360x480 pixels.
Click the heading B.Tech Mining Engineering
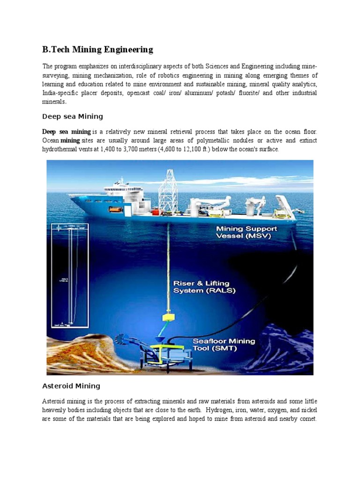pyautogui.click(x=97, y=49)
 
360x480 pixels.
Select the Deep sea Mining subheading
pyautogui.click(x=72, y=116)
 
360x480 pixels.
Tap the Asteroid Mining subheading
pyautogui.click(x=71, y=386)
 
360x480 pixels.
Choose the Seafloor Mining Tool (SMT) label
pyautogui.click(x=224, y=345)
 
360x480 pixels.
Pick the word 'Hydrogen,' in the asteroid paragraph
pyautogui.click(x=226, y=411)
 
